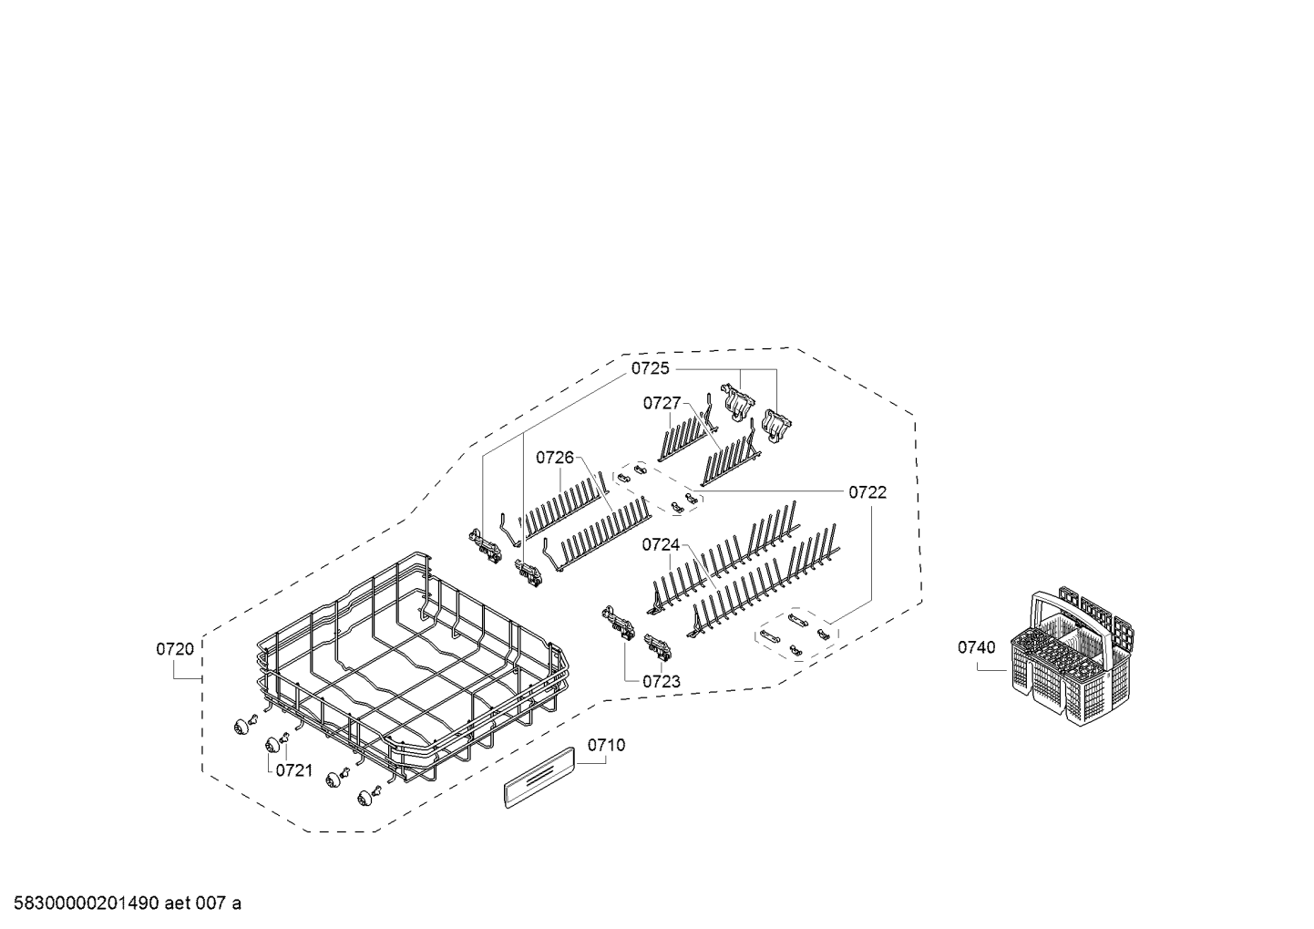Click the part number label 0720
pyautogui.click(x=175, y=649)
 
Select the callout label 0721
pyautogui.click(x=294, y=770)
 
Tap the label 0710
pyautogui.click(x=607, y=746)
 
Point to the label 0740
pyautogui.click(x=977, y=647)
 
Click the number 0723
pyautogui.click(x=662, y=681)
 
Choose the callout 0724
pyautogui.click(x=661, y=544)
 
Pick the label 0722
pyautogui.click(x=867, y=492)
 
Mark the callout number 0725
pyautogui.click(x=650, y=368)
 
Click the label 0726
pyautogui.click(x=555, y=457)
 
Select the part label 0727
pyautogui.click(x=662, y=403)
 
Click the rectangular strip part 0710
pyautogui.click(x=539, y=777)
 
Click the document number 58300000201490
pyautogui.click(x=87, y=903)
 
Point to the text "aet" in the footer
pyautogui.click(x=177, y=903)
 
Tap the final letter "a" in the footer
pyautogui.click(x=236, y=905)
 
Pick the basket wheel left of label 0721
pyautogui.click(x=272, y=746)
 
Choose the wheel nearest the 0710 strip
pyautogui.click(x=364, y=798)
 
